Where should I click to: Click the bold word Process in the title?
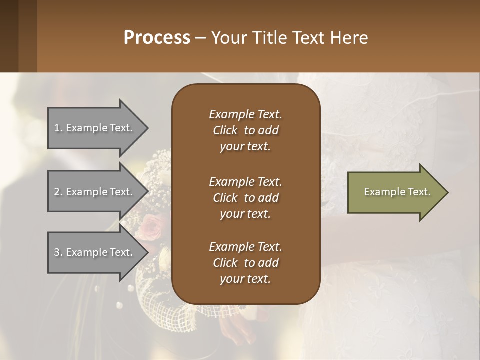click(157, 37)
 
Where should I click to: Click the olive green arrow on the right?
click(395, 192)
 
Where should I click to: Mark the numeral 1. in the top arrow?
click(58, 128)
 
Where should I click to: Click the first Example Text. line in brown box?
click(245, 114)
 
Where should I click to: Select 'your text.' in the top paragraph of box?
click(245, 146)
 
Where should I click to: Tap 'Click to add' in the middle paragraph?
click(245, 198)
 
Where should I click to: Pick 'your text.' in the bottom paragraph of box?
click(245, 279)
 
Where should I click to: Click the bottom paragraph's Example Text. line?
click(245, 247)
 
